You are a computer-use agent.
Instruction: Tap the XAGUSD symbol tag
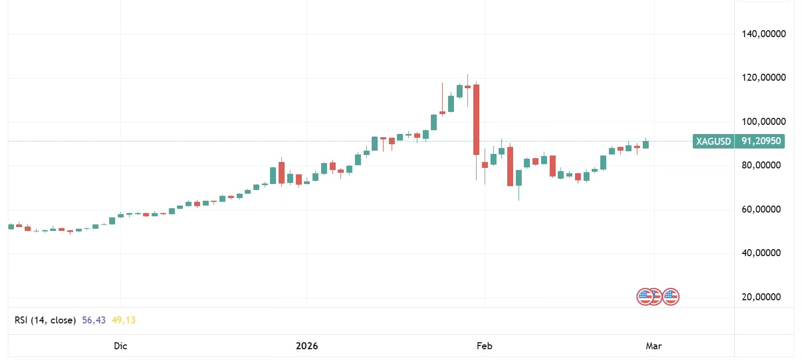click(714, 142)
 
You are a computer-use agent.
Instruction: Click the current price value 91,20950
click(761, 142)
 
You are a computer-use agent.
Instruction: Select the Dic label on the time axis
click(120, 346)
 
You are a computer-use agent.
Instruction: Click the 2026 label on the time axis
click(307, 346)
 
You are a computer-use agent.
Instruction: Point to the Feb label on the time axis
click(485, 346)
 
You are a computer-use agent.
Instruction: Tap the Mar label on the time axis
click(654, 346)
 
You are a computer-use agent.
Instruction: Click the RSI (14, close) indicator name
click(45, 320)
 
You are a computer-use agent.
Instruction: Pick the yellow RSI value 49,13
click(124, 320)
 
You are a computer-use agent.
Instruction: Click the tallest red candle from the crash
click(476, 119)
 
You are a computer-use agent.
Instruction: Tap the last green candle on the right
click(645, 144)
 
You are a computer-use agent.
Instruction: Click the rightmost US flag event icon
click(671, 297)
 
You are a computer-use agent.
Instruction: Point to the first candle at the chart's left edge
click(11, 227)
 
